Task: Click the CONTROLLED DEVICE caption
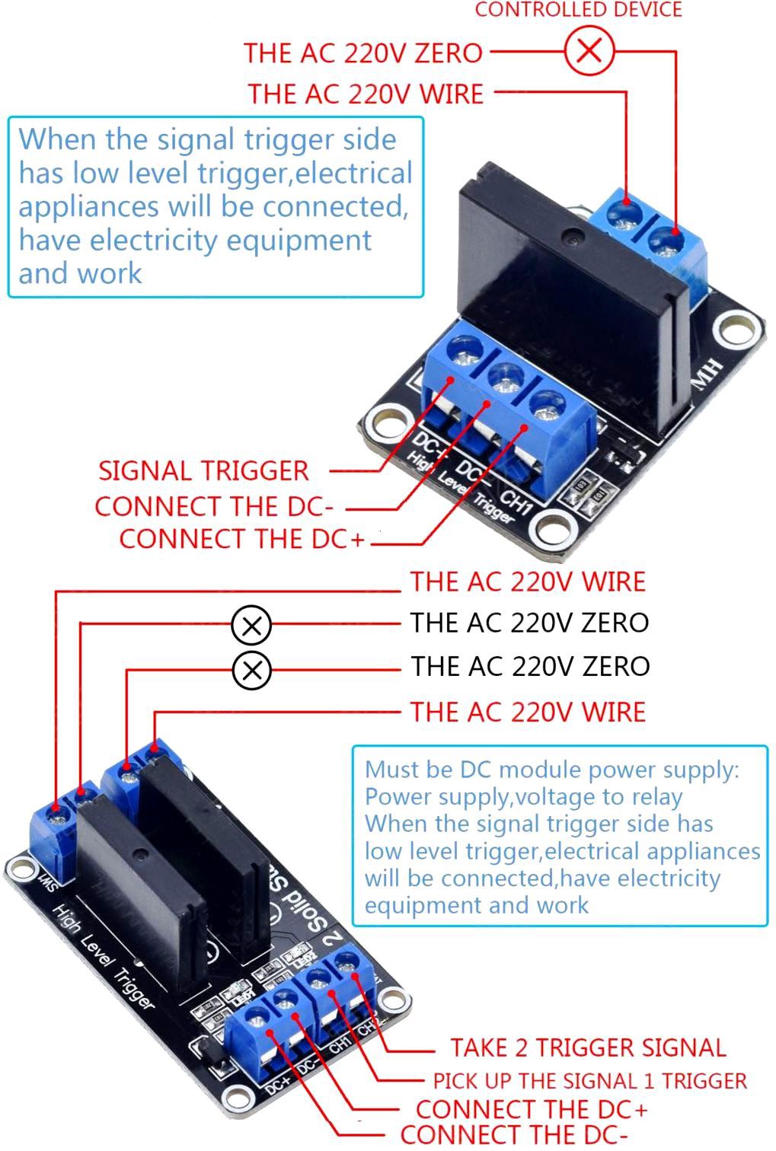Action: tap(579, 10)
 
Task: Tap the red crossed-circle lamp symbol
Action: tap(589, 51)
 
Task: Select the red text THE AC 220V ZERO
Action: tap(363, 53)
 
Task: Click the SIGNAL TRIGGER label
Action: tap(203, 470)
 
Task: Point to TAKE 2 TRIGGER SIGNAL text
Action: tap(588, 1047)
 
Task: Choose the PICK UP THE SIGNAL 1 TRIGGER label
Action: tap(590, 1081)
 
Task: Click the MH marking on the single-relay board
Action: tap(706, 375)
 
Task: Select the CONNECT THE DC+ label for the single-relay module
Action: tap(242, 539)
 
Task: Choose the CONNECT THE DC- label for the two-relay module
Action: tap(514, 1135)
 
